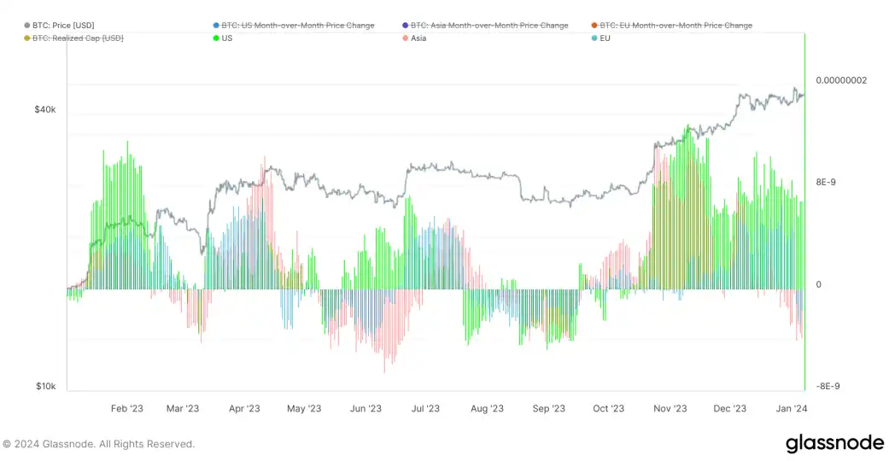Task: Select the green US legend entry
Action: coord(226,38)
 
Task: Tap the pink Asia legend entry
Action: coord(418,38)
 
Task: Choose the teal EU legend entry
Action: coord(605,38)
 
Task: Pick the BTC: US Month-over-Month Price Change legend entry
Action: coord(297,26)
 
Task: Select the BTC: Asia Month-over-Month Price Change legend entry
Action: coord(489,26)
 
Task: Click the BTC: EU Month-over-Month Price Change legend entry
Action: coord(676,26)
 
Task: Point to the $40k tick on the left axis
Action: coord(45,110)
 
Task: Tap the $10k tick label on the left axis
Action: coord(45,387)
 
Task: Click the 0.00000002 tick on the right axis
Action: coord(841,80)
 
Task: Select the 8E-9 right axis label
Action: coord(830,182)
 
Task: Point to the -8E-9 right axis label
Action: coord(828,386)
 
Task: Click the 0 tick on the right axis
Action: coord(819,284)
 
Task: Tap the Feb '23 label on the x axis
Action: coord(127,409)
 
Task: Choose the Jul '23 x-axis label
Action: coord(425,409)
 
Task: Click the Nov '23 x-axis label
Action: coord(670,409)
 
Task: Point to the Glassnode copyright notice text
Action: coord(98,444)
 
